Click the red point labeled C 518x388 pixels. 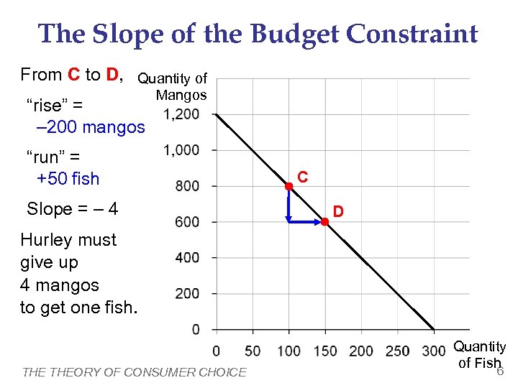288,186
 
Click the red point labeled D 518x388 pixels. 324,222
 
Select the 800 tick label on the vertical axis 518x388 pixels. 188,186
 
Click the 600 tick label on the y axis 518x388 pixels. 188,222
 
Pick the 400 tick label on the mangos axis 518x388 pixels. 188,257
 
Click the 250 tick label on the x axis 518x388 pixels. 396,351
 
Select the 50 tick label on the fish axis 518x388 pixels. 253,351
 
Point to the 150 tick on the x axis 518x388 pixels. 324,351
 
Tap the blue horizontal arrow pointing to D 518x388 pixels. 305,222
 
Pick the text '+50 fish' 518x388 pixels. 68,178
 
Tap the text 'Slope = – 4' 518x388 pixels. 72,209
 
